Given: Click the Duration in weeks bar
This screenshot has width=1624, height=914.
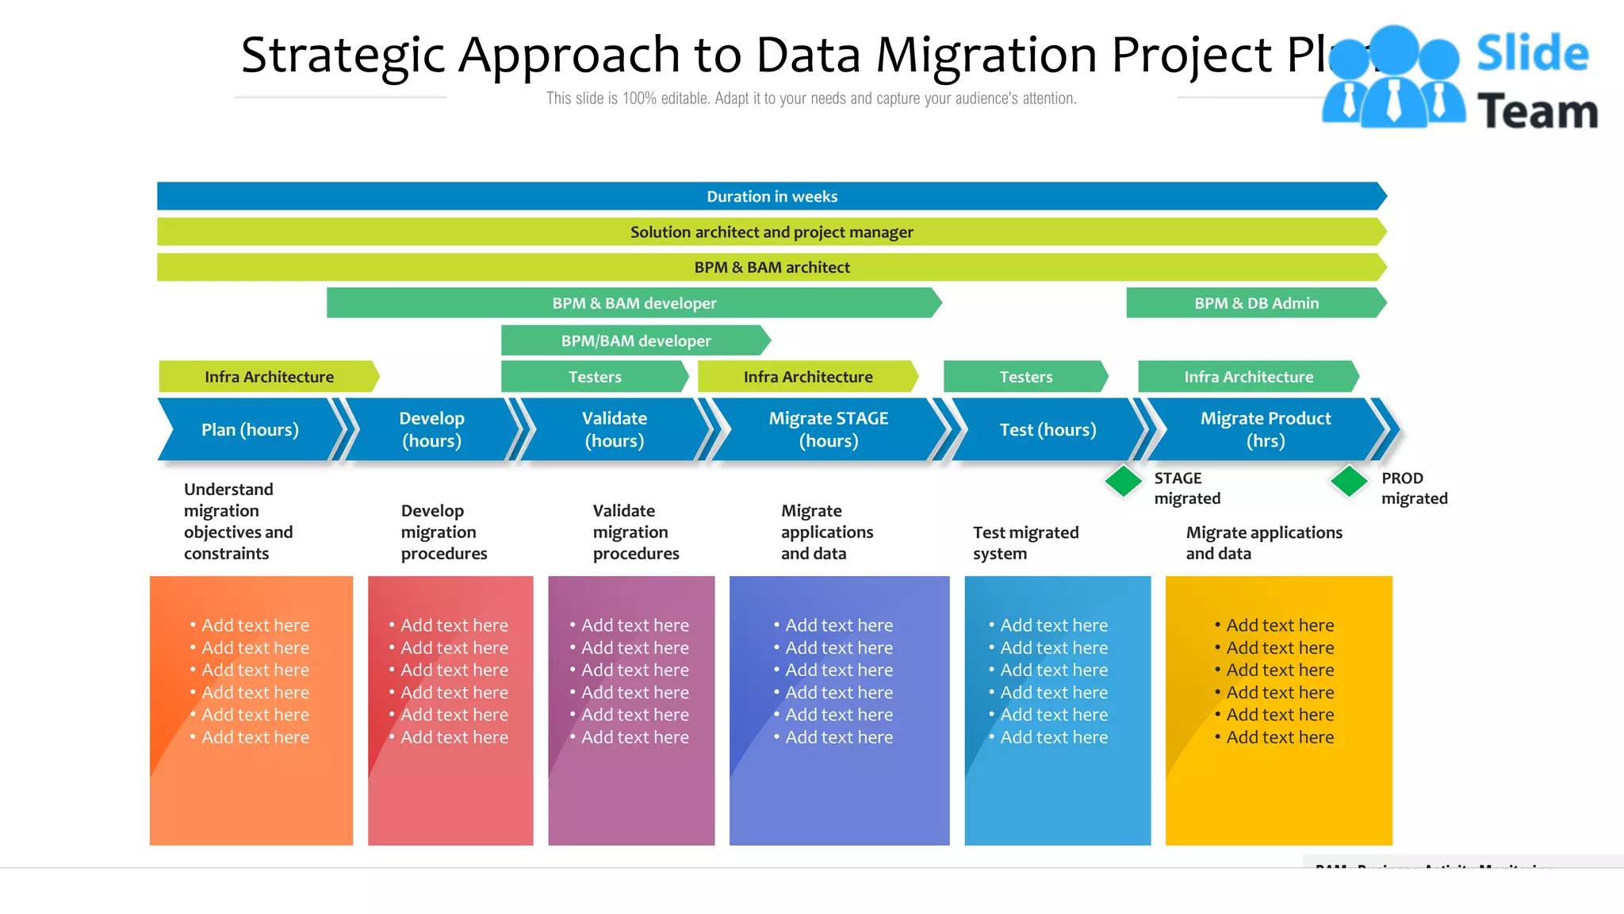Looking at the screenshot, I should point(771,196).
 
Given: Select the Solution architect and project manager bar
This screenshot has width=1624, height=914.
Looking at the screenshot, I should point(771,232).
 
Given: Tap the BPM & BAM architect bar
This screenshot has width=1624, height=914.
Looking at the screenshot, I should point(771,267).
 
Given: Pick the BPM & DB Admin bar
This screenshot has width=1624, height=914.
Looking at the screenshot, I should point(1255,303).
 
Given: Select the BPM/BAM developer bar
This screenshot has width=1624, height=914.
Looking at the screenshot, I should point(635,340).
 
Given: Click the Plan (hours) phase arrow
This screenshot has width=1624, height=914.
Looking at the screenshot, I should point(250,429).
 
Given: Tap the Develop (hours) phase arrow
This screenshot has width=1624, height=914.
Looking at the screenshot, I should point(431,429).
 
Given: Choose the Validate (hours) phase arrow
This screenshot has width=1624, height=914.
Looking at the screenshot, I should point(614,429).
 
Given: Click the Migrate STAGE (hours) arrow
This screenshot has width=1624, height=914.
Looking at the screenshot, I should point(828,429).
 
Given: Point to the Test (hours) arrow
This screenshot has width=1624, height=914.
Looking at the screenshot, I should point(1047,429).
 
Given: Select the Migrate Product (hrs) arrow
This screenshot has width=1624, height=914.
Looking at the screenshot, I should point(1265,429).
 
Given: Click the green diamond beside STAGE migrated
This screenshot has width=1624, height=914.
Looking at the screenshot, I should point(1123,481).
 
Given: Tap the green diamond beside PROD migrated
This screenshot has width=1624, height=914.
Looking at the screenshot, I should point(1349,481).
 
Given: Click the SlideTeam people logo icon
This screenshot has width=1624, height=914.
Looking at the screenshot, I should point(1393,79).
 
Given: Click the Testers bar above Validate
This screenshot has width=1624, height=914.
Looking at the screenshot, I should point(594,377).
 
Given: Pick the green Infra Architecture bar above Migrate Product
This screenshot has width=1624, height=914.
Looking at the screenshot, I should point(1248,377).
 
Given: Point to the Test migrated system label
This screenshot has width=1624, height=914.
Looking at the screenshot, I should point(1025,543).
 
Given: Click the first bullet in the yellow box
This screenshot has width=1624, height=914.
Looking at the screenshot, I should point(1279,625).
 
